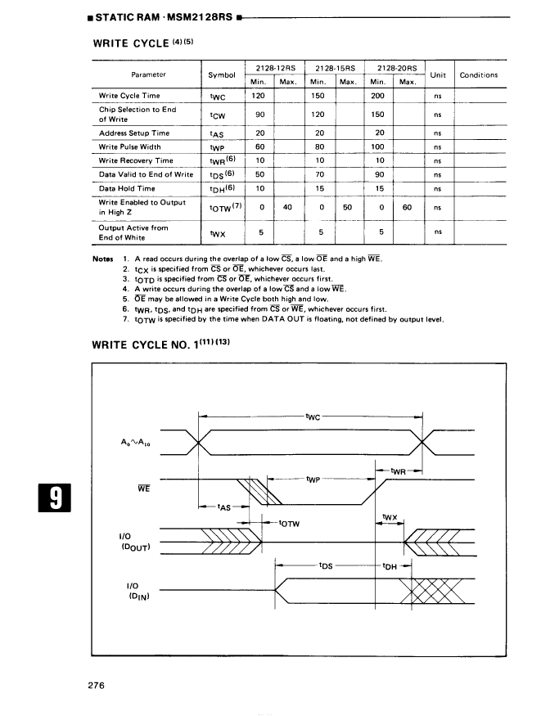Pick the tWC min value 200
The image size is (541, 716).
(x=378, y=96)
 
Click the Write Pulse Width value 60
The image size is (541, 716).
(x=259, y=146)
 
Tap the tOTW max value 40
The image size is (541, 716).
(x=287, y=207)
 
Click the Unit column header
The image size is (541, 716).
(x=437, y=74)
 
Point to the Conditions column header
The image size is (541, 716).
(x=479, y=74)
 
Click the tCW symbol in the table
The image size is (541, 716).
(x=217, y=115)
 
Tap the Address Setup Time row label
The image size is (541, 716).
(x=134, y=133)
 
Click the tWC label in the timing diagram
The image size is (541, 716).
(x=312, y=417)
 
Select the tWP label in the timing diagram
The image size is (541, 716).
(x=312, y=479)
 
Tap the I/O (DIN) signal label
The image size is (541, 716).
(x=134, y=591)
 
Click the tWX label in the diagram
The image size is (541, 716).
(x=390, y=516)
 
